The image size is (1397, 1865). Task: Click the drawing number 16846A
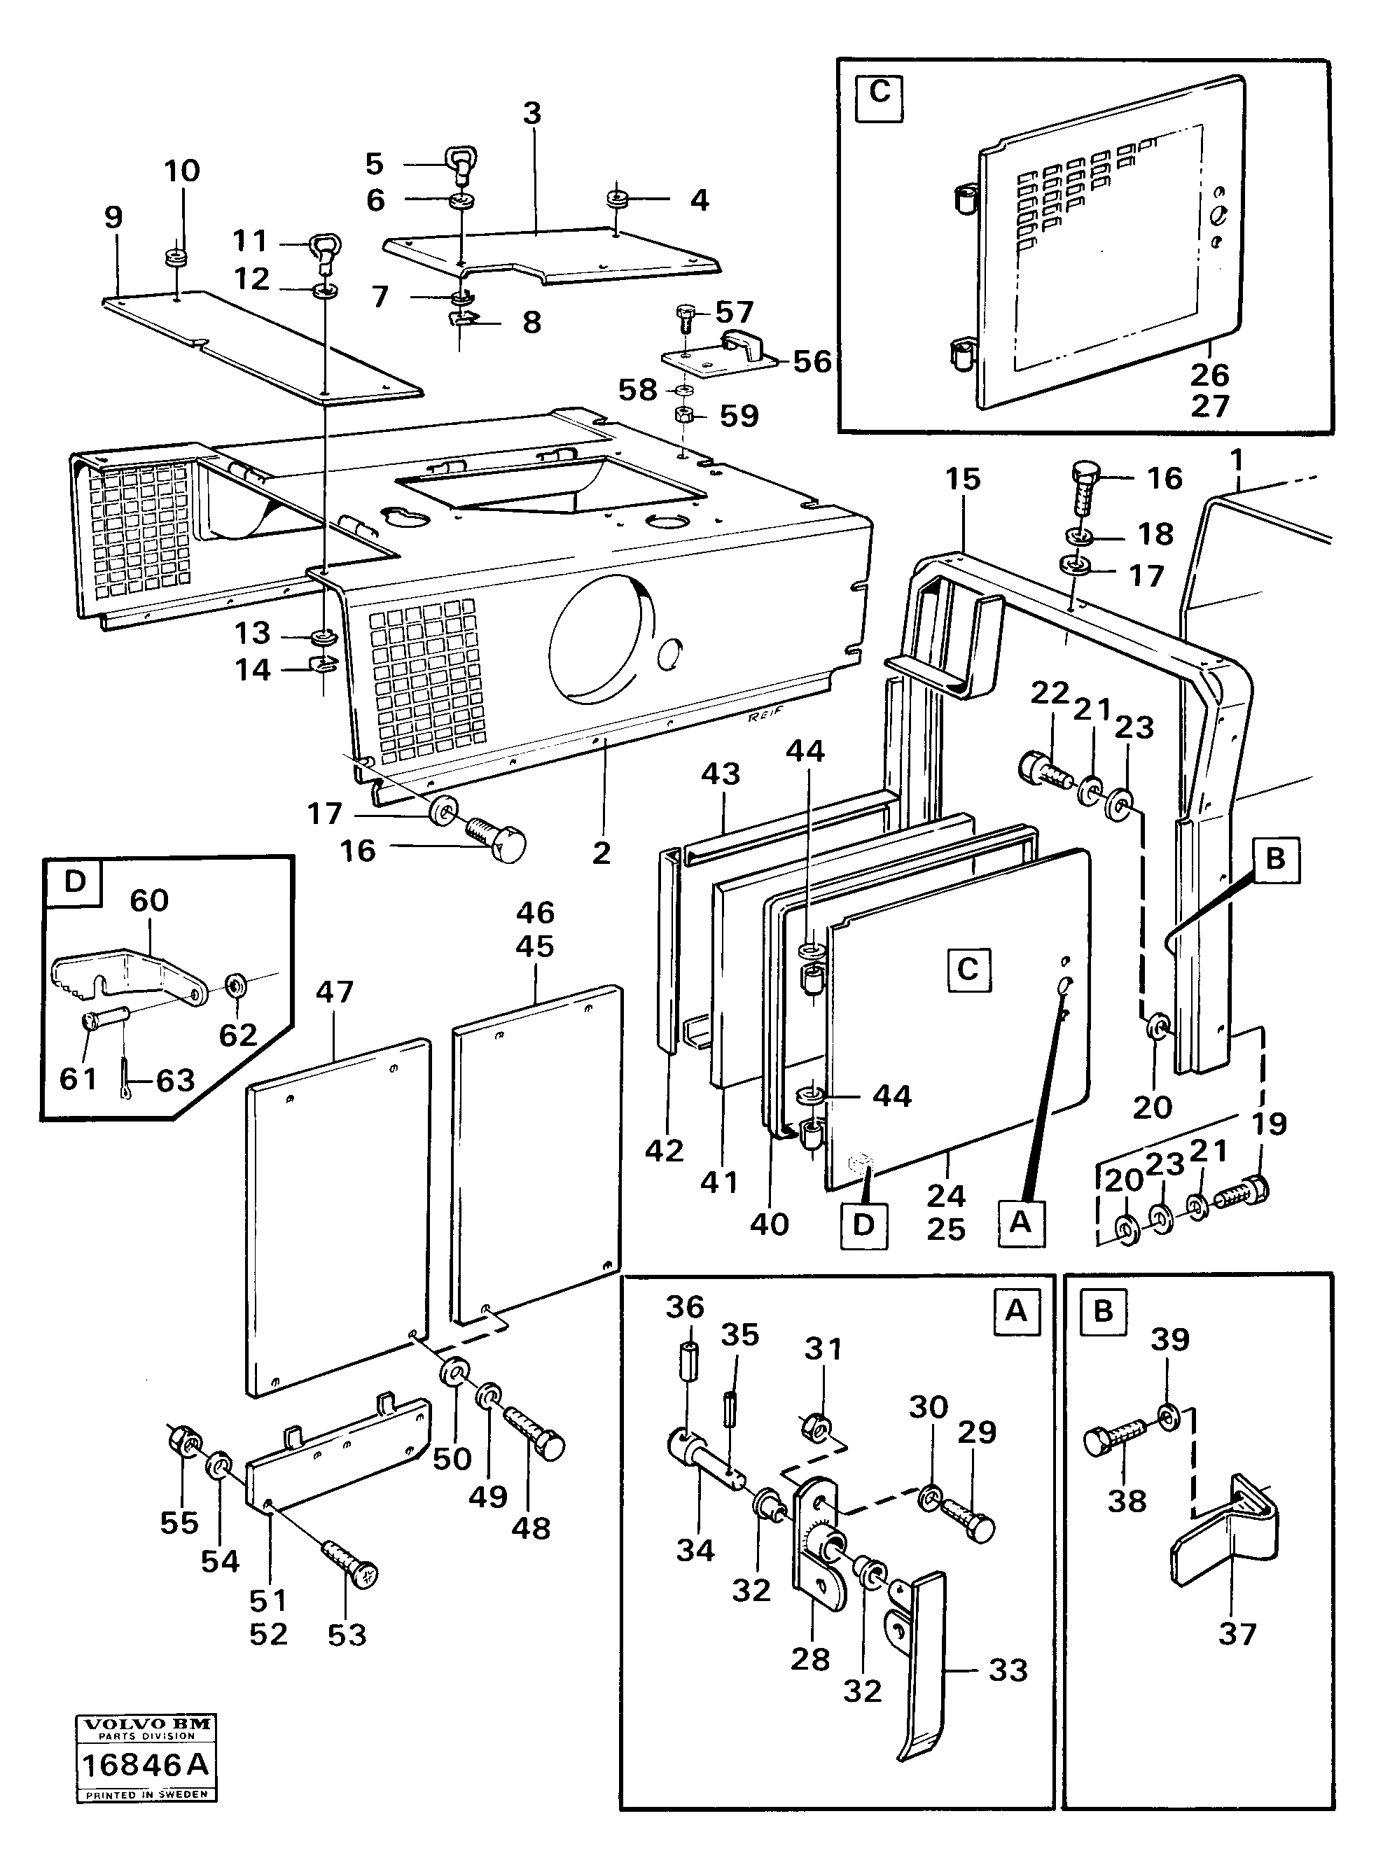tap(144, 1766)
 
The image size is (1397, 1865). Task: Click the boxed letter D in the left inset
tap(76, 881)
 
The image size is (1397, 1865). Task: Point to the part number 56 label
tap(812, 362)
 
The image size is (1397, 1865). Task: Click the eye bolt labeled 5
tap(462, 165)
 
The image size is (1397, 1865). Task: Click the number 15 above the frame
tap(963, 479)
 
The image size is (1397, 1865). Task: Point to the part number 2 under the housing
tap(600, 853)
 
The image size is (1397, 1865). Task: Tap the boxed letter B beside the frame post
tap(1274, 859)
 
